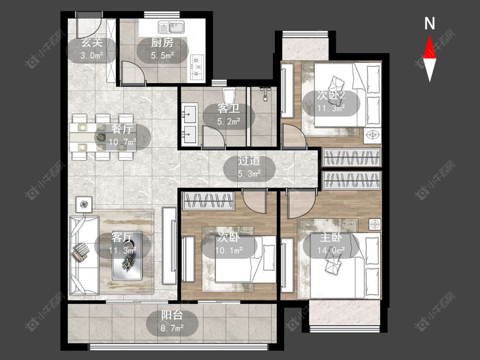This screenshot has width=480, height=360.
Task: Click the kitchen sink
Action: (x=171, y=27)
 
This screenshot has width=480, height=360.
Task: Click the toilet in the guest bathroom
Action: (x=229, y=95)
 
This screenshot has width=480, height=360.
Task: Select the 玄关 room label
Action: (x=92, y=43)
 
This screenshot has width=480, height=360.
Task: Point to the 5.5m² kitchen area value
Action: (x=162, y=55)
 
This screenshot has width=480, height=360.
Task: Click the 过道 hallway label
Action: (x=249, y=161)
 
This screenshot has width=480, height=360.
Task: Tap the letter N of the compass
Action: (x=430, y=23)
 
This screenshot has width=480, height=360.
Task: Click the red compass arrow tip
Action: (x=430, y=36)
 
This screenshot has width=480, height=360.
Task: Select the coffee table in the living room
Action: (x=127, y=256)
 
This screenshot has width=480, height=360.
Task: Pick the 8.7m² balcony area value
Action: (x=172, y=328)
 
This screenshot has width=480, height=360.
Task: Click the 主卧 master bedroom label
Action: (x=331, y=238)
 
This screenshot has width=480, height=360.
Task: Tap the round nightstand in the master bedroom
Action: (x=375, y=225)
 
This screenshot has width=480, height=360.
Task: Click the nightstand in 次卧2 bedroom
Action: (x=372, y=135)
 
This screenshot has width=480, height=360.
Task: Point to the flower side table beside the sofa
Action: (x=84, y=204)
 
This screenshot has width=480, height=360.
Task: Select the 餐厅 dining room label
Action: (x=122, y=129)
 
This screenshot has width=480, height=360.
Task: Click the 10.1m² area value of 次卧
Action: (x=229, y=251)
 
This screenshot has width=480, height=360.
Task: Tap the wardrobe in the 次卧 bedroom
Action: (x=209, y=201)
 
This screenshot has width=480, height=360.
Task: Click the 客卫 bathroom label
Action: (x=228, y=109)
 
